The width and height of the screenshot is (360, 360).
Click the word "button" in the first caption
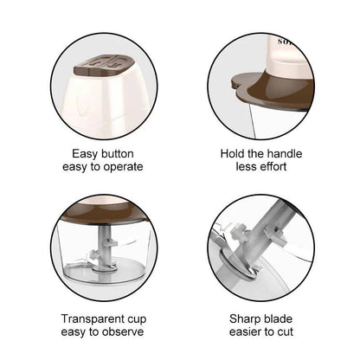pos(116,154)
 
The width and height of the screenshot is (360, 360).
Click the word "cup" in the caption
pos(137,320)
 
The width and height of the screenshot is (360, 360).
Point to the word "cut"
pos(286,332)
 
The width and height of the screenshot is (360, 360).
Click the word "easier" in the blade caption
pos(246,332)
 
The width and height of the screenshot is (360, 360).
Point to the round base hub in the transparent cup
pos(104,268)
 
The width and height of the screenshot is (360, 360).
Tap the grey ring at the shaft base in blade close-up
pos(238,265)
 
